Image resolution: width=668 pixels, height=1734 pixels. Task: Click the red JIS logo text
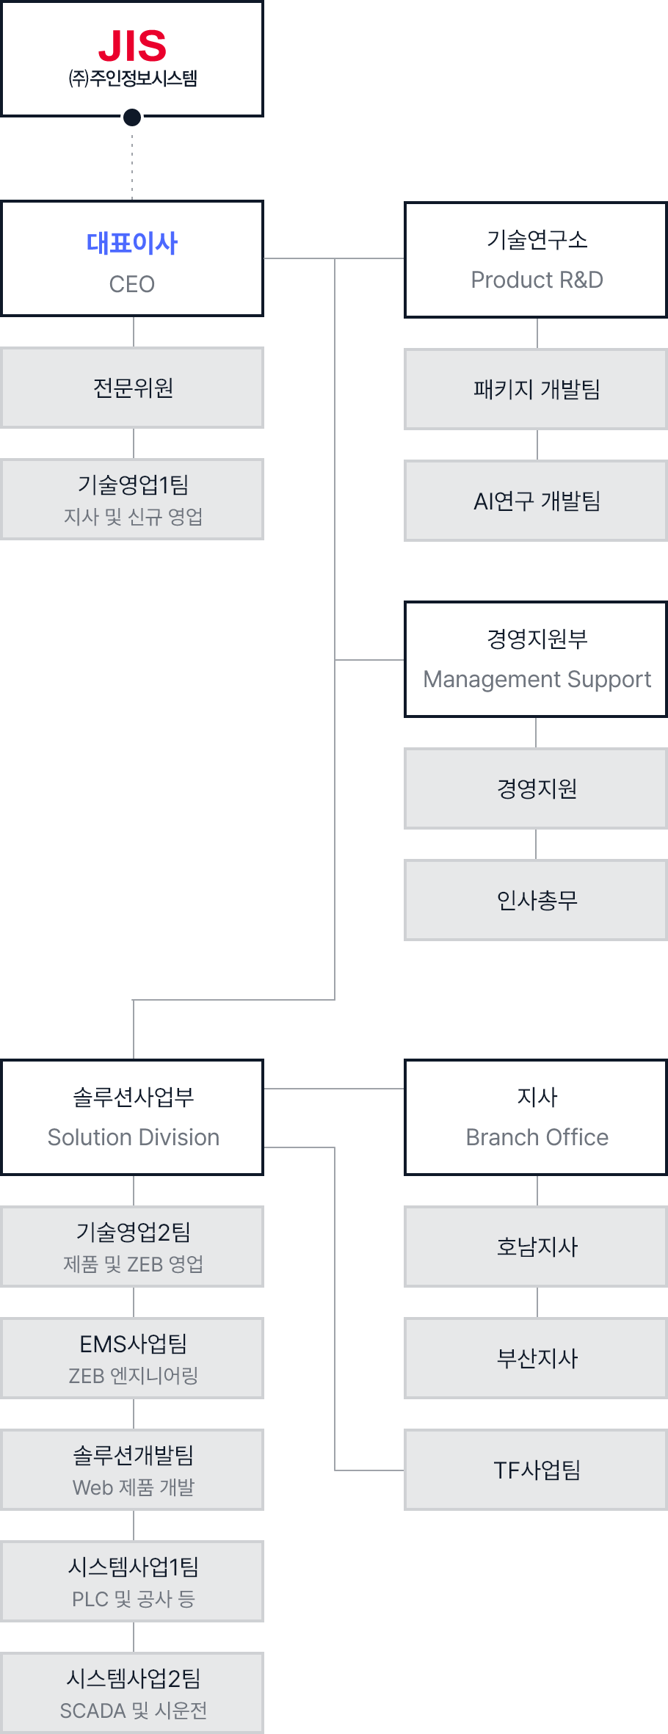coord(132,46)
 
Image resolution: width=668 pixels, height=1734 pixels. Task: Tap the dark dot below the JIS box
coord(132,117)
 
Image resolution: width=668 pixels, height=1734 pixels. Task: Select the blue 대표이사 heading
coord(132,243)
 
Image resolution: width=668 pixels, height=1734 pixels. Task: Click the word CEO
coord(132,284)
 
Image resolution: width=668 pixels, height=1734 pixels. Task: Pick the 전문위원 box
coord(133,388)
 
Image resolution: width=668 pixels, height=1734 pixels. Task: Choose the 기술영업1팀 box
coord(133,499)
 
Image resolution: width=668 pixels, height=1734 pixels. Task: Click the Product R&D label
coord(537,280)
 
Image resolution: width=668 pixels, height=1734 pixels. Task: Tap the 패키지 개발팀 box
coord(537,389)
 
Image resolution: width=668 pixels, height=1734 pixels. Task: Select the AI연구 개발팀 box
coord(537,501)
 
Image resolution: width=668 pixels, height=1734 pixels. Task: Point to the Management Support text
coord(537,679)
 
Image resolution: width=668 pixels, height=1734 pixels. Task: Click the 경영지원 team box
coord(537,788)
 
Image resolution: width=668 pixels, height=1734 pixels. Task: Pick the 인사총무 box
coord(537,900)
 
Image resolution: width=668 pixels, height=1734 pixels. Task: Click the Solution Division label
coord(133,1137)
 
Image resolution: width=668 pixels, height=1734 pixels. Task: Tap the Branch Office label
coord(537,1137)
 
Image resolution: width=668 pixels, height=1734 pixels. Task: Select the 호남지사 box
coord(537,1247)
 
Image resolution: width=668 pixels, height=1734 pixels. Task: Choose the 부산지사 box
coord(537,1358)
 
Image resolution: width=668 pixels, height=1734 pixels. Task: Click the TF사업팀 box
coord(537,1470)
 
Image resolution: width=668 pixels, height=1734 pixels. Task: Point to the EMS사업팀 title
coord(133,1343)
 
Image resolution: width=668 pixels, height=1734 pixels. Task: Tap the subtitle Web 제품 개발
coord(133,1487)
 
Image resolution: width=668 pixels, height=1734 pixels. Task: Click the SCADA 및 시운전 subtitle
coord(133,1711)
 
